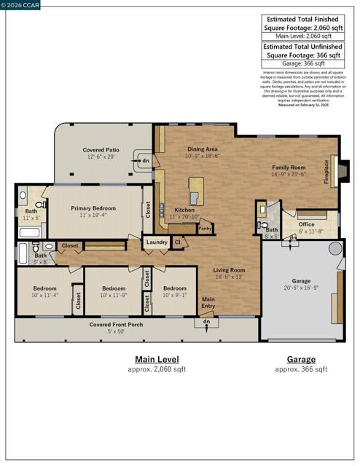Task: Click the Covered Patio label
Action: [x=101, y=149]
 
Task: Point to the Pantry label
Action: [x=205, y=228]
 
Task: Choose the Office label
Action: [x=306, y=224]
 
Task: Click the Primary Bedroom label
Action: [x=95, y=208]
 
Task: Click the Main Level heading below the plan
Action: [x=156, y=359]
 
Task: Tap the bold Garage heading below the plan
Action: [x=301, y=359]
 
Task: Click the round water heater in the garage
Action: [x=335, y=248]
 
